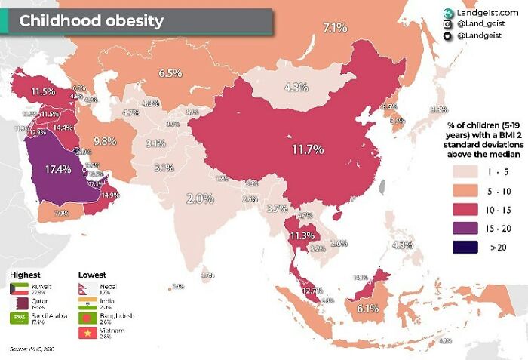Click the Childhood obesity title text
click(x=91, y=20)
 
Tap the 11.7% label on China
click(x=309, y=149)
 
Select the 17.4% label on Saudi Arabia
click(x=58, y=169)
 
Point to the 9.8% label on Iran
click(x=105, y=141)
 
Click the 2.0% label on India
click(x=201, y=198)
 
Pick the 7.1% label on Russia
click(x=335, y=28)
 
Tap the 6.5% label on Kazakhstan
click(x=170, y=73)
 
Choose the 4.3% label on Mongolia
click(x=296, y=87)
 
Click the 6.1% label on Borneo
click(x=367, y=308)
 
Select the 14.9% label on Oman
click(x=110, y=195)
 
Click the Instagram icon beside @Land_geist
click(x=448, y=24)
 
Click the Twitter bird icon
click(x=448, y=36)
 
